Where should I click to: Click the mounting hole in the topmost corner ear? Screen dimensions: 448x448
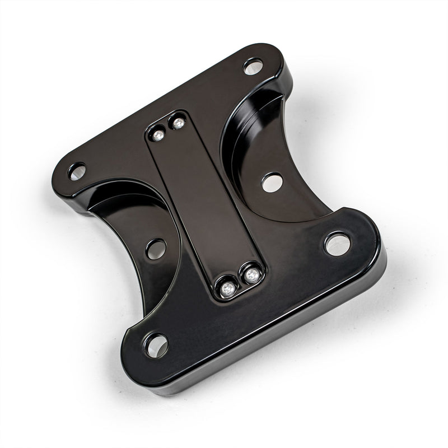[x=253, y=66]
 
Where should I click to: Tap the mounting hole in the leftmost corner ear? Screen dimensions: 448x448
[x=77, y=171]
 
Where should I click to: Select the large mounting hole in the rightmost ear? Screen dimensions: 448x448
[x=337, y=244]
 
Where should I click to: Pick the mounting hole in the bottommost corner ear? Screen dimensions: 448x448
[x=156, y=345]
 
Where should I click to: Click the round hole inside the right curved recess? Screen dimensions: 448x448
[x=272, y=182]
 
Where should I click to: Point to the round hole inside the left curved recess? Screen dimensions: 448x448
[x=156, y=249]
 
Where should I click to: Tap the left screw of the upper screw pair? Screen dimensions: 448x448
[x=158, y=134]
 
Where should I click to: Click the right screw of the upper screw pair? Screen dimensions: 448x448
[x=178, y=123]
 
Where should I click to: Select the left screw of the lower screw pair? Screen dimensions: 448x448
[x=227, y=288]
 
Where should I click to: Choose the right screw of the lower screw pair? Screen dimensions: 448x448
[x=251, y=275]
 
